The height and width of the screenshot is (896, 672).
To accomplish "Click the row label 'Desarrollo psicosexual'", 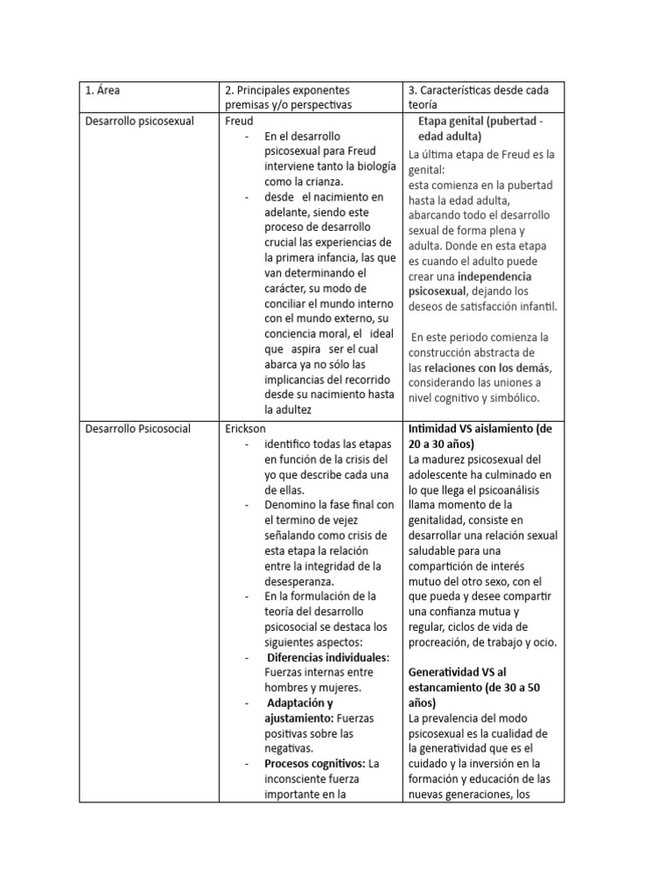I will point(140,121).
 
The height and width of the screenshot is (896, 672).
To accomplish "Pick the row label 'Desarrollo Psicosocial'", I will point(138,430).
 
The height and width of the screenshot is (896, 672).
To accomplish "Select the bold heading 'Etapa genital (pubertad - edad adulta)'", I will point(480,129).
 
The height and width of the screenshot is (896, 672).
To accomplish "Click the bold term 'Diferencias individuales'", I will point(327,656).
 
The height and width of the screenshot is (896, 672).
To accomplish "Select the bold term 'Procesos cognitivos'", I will point(314,763).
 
